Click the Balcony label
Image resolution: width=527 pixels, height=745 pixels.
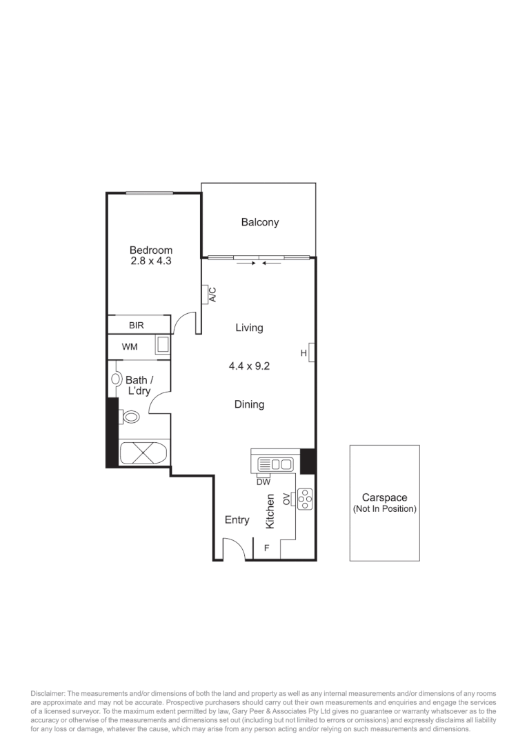point(260,222)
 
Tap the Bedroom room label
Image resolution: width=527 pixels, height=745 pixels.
point(151,250)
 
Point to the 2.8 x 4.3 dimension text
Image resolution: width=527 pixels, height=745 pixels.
point(151,261)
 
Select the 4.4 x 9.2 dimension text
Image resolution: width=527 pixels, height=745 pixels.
point(249,366)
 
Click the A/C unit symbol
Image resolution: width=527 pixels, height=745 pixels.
point(208,295)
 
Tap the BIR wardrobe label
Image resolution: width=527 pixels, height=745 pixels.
point(135,324)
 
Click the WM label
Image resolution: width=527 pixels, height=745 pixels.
point(130,347)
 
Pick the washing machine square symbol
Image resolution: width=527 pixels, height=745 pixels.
point(162,346)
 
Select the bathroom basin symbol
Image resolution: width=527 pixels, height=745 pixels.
point(117,379)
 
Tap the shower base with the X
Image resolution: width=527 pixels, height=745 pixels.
point(143,454)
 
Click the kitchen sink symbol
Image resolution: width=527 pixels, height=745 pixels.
point(275,464)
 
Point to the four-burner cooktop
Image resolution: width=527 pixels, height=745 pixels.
point(305,498)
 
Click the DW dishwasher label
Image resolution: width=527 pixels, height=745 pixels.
point(263,482)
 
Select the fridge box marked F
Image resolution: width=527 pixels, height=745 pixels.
point(266,549)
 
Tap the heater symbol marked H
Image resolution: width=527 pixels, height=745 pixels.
point(311,352)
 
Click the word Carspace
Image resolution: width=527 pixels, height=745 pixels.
point(384,497)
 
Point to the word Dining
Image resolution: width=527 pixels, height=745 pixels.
point(249,405)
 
